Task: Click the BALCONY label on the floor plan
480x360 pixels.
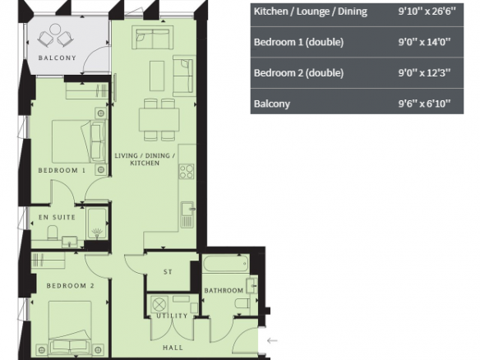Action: click(58, 58)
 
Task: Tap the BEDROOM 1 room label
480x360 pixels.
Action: click(62, 170)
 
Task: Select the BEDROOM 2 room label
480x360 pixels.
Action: click(71, 285)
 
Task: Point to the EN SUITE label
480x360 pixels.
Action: click(57, 217)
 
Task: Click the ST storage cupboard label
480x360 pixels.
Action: click(168, 271)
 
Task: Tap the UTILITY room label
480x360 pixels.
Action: click(172, 316)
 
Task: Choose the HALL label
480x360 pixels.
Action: click(173, 348)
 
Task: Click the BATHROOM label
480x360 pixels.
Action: click(224, 290)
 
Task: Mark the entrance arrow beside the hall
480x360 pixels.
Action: click(272, 340)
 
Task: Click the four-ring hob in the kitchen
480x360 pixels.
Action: click(187, 172)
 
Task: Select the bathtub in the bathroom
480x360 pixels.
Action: click(225, 263)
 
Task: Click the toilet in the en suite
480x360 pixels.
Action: click(53, 233)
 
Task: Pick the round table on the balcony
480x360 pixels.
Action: click(55, 30)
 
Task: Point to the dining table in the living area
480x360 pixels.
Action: click(159, 120)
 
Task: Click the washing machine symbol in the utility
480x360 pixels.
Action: click(159, 305)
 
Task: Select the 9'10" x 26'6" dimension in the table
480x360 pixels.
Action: click(427, 12)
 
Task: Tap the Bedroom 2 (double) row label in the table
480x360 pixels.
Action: click(299, 73)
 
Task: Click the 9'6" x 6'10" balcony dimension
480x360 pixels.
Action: click(424, 104)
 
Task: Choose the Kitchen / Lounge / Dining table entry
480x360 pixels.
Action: click(311, 12)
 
